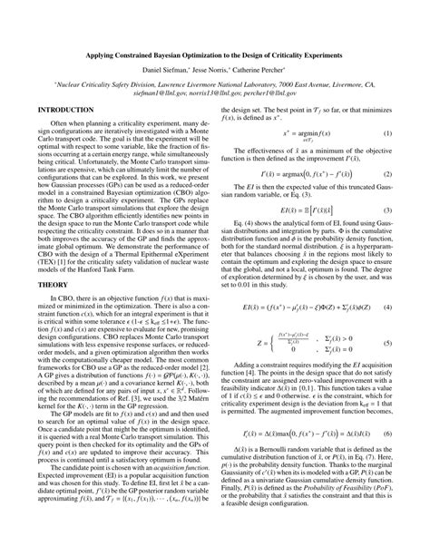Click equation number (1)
coord(386,133)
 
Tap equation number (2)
coord(386,173)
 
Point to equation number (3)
coord(386,210)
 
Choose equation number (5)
coord(386,345)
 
